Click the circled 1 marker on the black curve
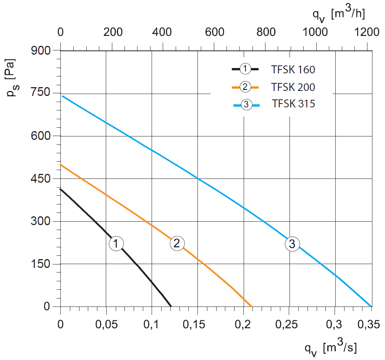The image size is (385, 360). (116, 243)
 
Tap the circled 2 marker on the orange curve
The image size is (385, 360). (177, 243)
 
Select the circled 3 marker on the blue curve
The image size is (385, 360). (292, 244)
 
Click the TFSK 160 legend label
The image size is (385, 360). (293, 70)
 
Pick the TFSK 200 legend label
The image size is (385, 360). (293, 87)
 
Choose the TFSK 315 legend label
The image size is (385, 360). (293, 104)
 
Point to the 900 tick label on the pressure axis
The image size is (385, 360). (40, 50)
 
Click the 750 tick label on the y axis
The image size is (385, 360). (40, 93)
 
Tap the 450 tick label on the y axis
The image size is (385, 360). (40, 178)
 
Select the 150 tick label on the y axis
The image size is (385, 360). (40, 264)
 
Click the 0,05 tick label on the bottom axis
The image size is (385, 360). (107, 324)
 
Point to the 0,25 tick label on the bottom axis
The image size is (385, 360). (286, 324)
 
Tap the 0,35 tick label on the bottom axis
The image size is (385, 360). (369, 324)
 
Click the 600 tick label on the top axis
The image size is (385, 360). (215, 32)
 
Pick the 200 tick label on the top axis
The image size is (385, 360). (113, 32)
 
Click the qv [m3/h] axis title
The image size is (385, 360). (338, 15)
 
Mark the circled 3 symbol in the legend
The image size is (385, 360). (246, 105)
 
